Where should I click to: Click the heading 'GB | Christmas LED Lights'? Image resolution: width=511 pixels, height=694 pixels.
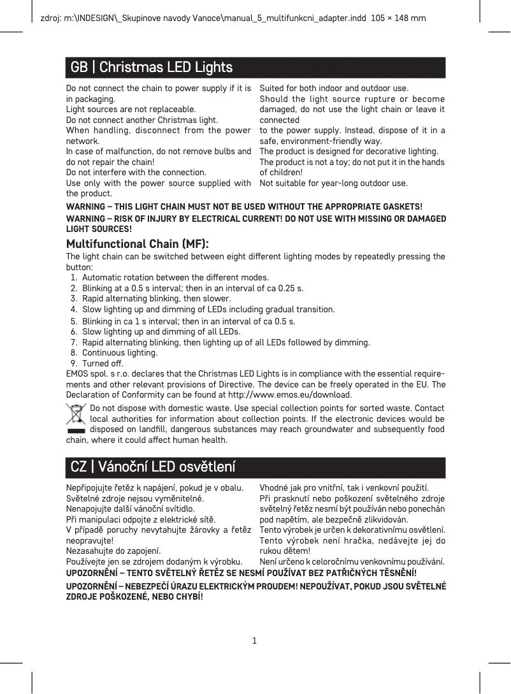(151, 67)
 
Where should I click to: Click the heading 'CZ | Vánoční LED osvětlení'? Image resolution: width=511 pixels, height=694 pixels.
(153, 467)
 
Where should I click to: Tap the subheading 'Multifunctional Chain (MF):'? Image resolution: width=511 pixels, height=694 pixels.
(138, 244)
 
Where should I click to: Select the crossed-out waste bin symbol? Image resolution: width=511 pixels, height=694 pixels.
(76, 417)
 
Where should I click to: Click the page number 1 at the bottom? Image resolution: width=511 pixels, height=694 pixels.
(254, 640)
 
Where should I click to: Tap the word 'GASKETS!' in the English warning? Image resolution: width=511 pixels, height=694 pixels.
(403, 207)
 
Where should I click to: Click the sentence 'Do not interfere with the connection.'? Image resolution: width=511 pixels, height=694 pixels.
(136, 172)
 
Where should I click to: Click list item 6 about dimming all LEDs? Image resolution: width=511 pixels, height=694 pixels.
(161, 331)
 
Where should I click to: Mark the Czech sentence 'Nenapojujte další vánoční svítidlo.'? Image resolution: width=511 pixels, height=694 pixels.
(131, 509)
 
